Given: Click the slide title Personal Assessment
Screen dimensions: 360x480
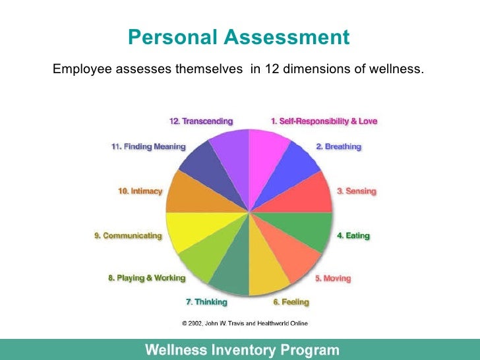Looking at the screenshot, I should [239, 37].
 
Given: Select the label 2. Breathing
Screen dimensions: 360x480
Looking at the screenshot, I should [338, 146].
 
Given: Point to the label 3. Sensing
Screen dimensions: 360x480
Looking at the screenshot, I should [356, 191].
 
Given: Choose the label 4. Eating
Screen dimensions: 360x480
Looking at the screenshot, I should [353, 235].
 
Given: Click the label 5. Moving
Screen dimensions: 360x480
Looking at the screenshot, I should [332, 278].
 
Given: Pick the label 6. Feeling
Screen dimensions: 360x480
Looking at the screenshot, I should [291, 302].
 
